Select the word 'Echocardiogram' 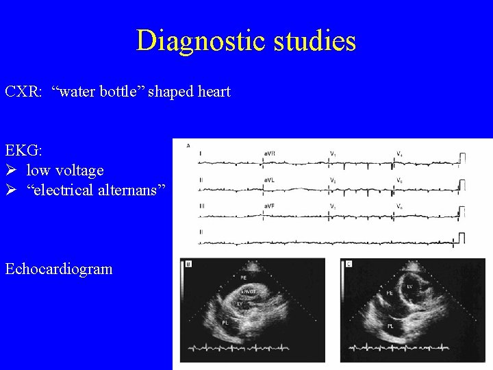tap(59, 269)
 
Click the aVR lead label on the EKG tap(270, 152)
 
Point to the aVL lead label tap(269, 180)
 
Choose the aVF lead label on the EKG tap(269, 206)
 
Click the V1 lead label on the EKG tap(333, 152)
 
